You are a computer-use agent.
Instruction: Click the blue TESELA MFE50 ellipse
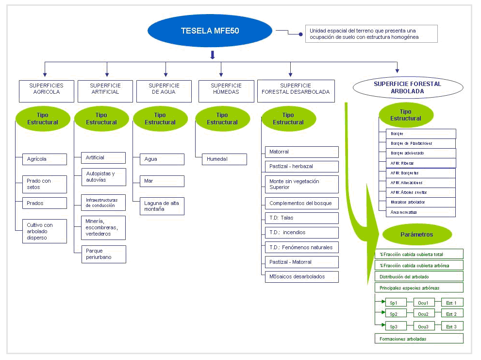pyautogui.click(x=210, y=31)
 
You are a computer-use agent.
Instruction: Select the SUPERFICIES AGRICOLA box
pyautogui.click(x=47, y=91)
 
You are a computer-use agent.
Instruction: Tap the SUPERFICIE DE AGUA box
pyautogui.click(x=164, y=91)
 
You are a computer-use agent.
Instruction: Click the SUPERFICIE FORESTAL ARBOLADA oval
pyautogui.click(x=400, y=87)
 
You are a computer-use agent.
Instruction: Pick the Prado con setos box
pyautogui.click(x=45, y=184)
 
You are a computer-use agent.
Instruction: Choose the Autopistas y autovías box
pyautogui.click(x=103, y=177)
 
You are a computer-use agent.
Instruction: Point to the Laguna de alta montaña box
pyautogui.click(x=162, y=206)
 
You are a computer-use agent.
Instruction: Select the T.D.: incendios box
pyautogui.click(x=301, y=232)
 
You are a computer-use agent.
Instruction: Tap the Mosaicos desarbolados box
pyautogui.click(x=301, y=276)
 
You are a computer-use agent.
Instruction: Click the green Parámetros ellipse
pyautogui.click(x=417, y=235)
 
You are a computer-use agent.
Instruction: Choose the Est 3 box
pyautogui.click(x=451, y=326)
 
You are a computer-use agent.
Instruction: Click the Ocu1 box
pyautogui.click(x=423, y=303)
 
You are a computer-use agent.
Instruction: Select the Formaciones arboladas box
pyautogui.click(x=419, y=339)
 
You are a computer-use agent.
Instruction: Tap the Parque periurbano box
pyautogui.click(x=103, y=254)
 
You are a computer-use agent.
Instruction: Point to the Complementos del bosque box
pyautogui.click(x=301, y=203)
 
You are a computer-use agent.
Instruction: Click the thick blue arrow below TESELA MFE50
pyautogui.click(x=212, y=54)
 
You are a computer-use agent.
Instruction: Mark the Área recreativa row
pyautogui.click(x=417, y=212)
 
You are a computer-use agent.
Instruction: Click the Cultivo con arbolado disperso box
pyautogui.click(x=45, y=231)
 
